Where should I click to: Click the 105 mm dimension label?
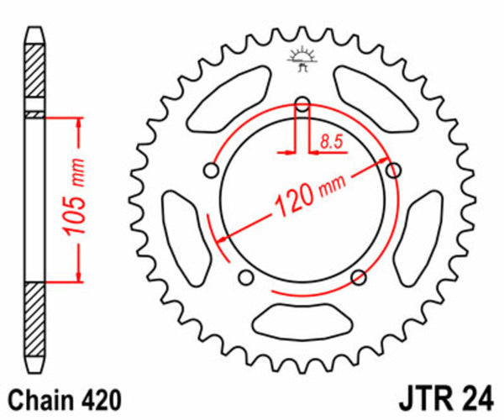(x=76, y=199)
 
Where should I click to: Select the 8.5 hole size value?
(x=330, y=143)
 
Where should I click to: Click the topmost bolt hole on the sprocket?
(x=303, y=104)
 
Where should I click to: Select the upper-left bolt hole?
(x=212, y=171)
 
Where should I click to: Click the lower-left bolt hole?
(x=246, y=277)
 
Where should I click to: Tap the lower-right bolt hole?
(x=359, y=277)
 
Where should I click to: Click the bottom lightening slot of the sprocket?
(x=302, y=320)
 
